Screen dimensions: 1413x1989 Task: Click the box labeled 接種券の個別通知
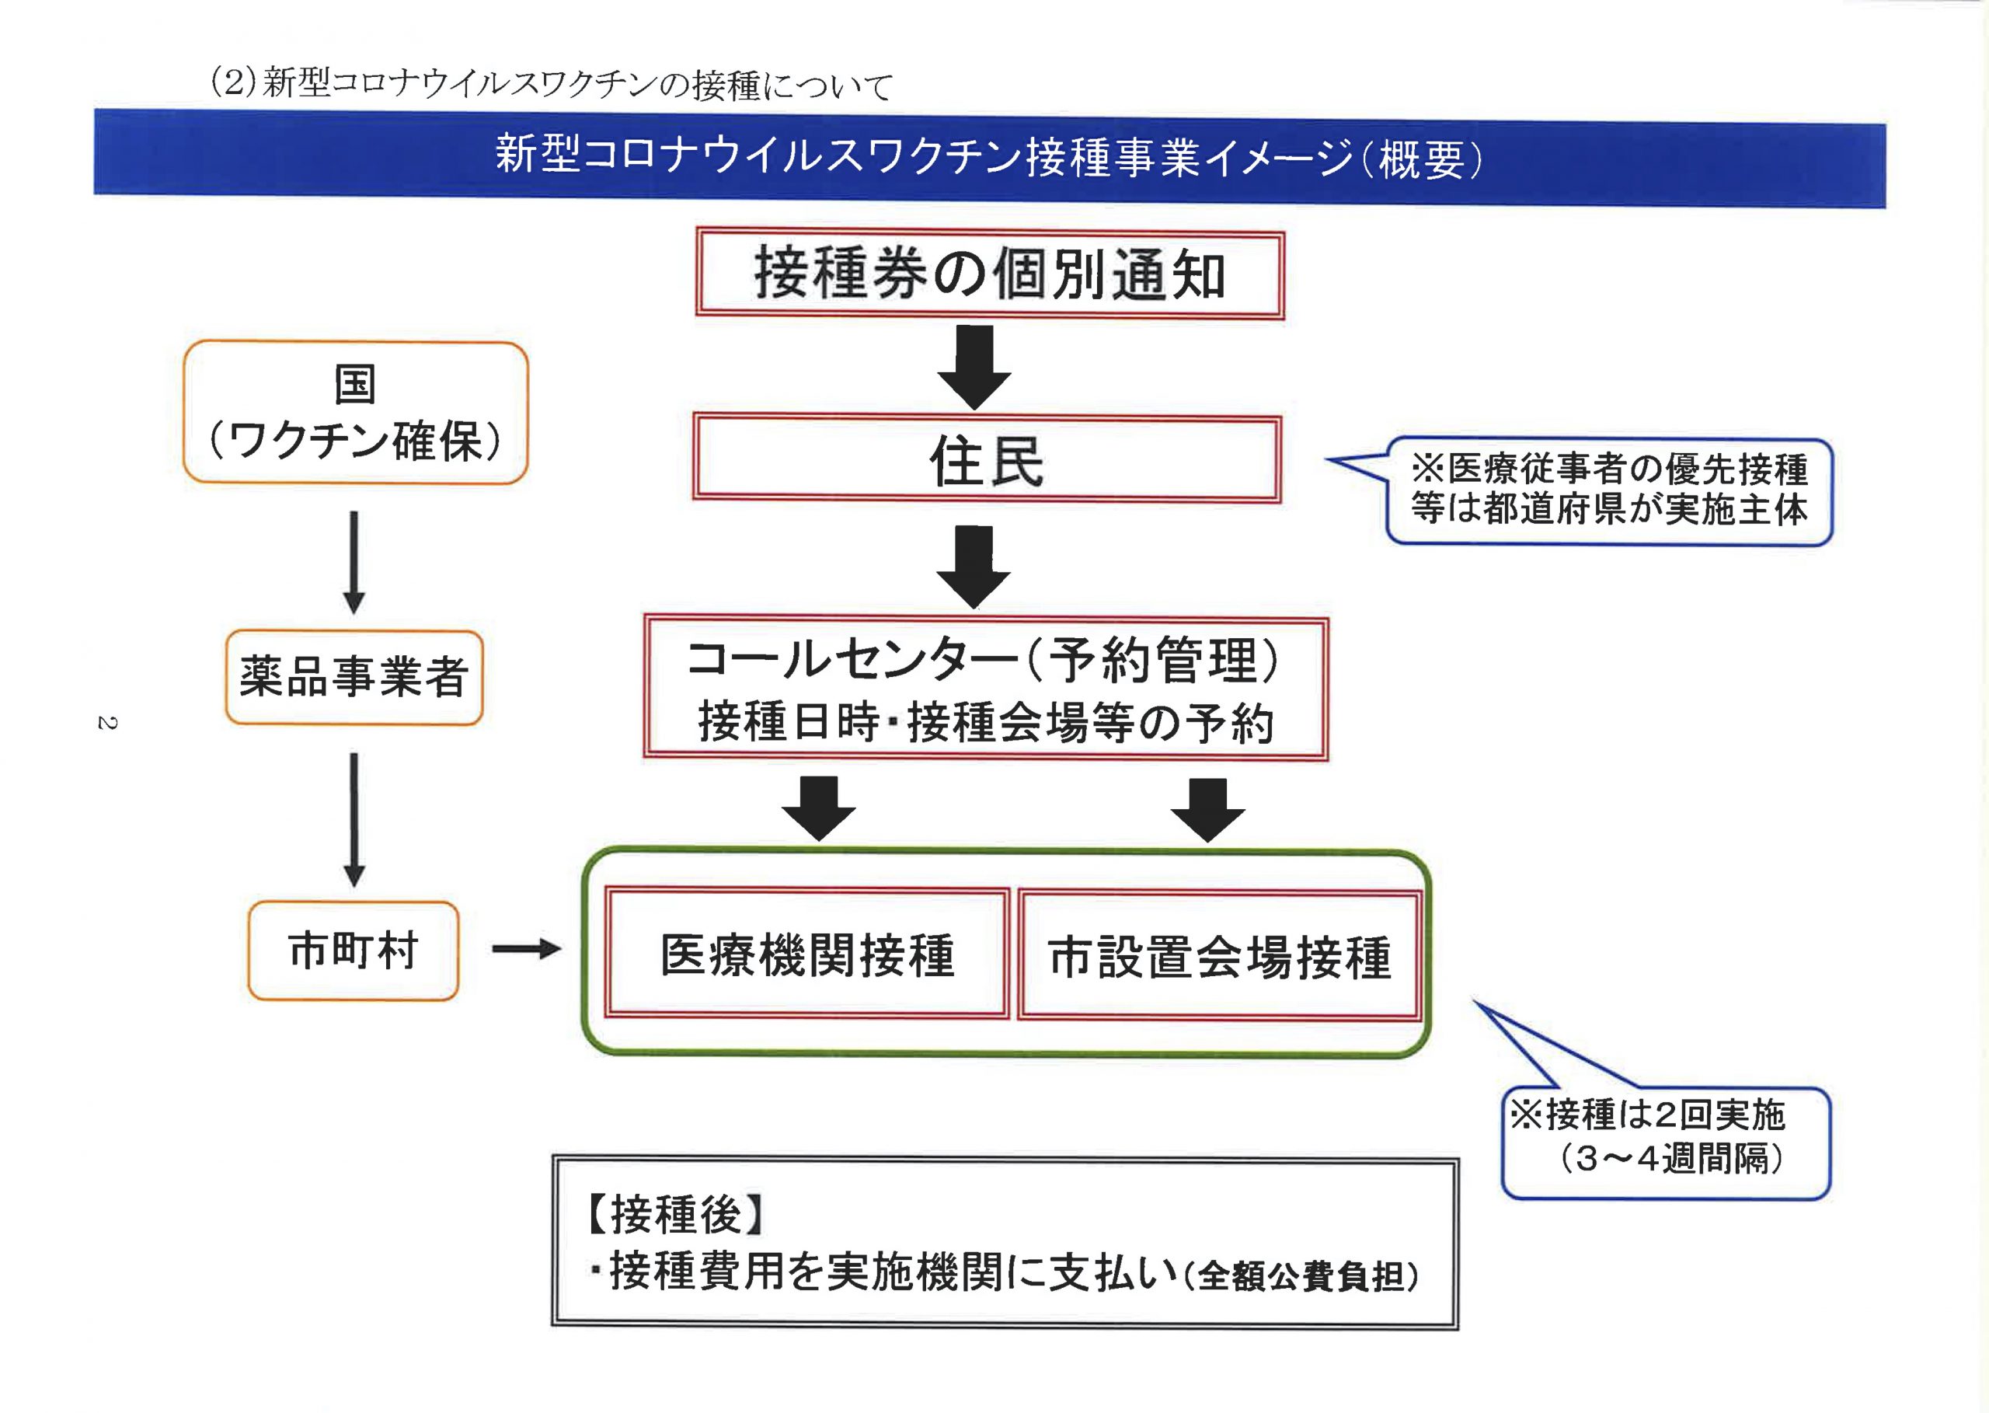point(989,274)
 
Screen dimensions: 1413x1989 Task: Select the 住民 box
point(986,459)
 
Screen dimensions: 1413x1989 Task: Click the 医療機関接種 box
point(807,954)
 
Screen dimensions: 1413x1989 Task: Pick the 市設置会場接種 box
point(1218,955)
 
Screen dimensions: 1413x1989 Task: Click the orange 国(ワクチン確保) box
point(355,413)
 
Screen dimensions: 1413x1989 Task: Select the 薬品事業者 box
point(353,678)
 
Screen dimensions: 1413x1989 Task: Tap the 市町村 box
point(353,950)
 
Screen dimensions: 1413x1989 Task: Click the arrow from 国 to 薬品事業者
point(353,562)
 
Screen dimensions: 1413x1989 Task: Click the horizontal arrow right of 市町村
point(526,948)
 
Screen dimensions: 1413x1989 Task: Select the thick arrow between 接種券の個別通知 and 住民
point(974,367)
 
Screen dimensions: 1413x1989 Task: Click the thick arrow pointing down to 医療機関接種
point(818,808)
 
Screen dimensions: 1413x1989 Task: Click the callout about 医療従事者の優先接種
point(1609,490)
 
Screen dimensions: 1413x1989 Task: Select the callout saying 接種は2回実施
point(1666,1142)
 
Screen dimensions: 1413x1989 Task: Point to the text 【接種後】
point(675,1215)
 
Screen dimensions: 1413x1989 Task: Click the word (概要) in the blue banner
point(1419,159)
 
